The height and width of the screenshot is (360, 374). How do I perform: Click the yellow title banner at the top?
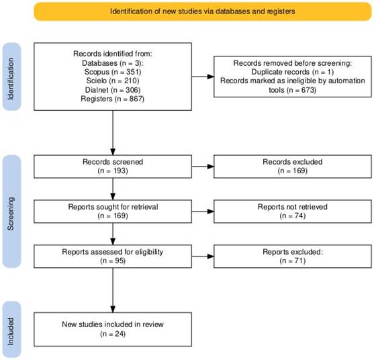point(203,11)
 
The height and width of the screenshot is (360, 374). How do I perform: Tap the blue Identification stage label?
point(11,77)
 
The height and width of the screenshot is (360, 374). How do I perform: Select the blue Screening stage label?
point(11,212)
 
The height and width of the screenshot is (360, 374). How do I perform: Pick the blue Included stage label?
point(11,330)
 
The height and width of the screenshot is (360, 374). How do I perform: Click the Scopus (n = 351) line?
point(113,72)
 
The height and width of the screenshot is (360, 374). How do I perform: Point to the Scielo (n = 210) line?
point(113,81)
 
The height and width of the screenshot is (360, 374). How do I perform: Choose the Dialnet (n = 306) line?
point(113,90)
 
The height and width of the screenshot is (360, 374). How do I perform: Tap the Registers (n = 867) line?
point(113,99)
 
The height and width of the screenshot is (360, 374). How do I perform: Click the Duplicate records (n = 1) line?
point(293,72)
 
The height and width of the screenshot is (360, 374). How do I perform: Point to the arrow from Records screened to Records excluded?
point(203,167)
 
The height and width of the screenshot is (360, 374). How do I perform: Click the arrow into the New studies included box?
point(113,290)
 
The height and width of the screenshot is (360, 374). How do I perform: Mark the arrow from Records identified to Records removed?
point(203,77)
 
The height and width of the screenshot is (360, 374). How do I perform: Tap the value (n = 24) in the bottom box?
point(113,334)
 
